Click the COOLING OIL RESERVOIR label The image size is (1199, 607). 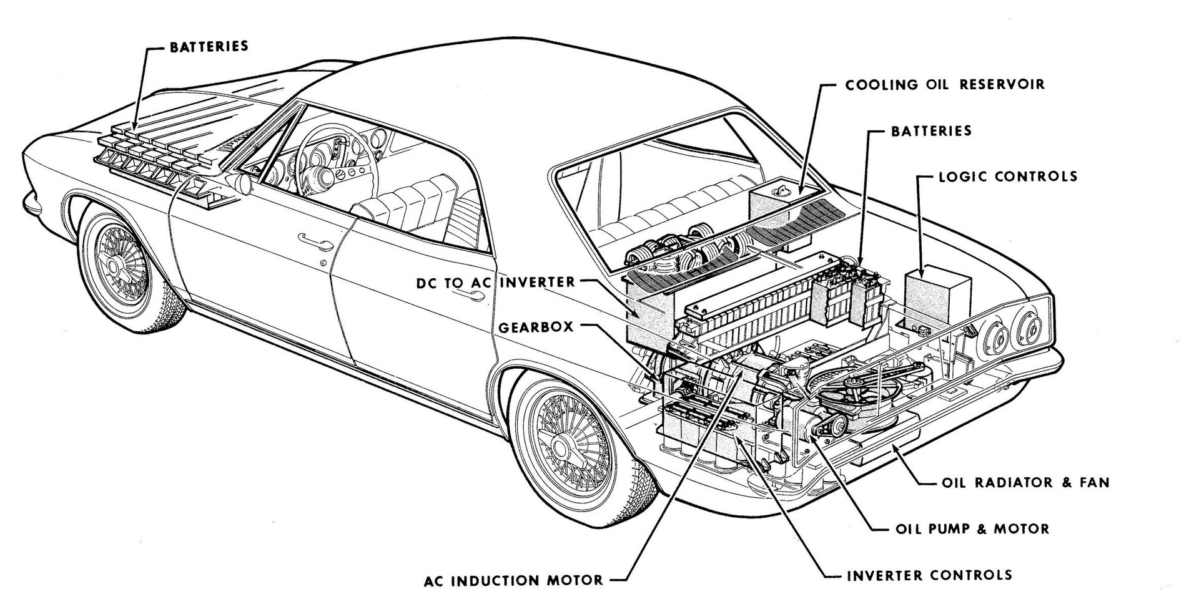(x=944, y=84)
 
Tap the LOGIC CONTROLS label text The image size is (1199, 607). (x=1008, y=176)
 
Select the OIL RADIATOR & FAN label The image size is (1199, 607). (x=1025, y=482)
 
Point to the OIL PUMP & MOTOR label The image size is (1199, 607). (x=972, y=529)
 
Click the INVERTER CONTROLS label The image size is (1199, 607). (x=929, y=575)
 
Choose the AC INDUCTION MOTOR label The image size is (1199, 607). (x=513, y=580)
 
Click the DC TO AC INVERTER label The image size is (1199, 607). (x=496, y=282)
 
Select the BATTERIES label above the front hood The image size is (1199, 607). (x=209, y=46)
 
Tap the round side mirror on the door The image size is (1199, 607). (x=241, y=183)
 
